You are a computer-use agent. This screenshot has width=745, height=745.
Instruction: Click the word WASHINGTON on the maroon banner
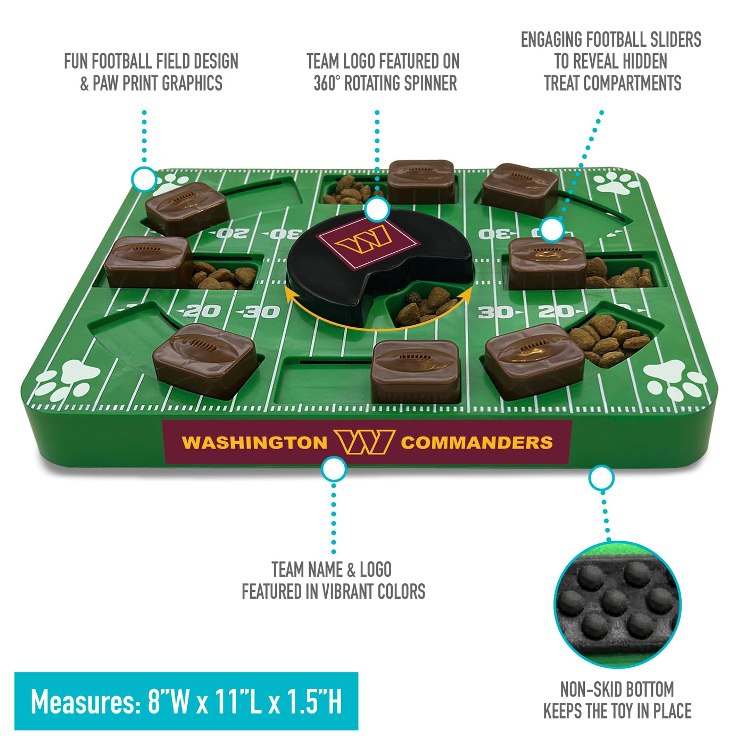coord(254,443)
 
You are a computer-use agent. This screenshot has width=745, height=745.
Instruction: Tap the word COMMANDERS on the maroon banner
coord(477,443)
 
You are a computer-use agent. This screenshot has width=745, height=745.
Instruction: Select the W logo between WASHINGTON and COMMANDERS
coord(365,442)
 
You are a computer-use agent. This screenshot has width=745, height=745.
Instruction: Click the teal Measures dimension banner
coord(186,702)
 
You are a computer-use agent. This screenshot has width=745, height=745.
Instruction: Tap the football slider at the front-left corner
coord(205,361)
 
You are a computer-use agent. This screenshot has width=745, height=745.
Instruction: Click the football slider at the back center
coord(421,181)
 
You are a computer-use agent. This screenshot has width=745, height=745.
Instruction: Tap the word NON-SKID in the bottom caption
coord(590,689)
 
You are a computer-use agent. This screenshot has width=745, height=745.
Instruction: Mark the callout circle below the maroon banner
coord(334,469)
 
